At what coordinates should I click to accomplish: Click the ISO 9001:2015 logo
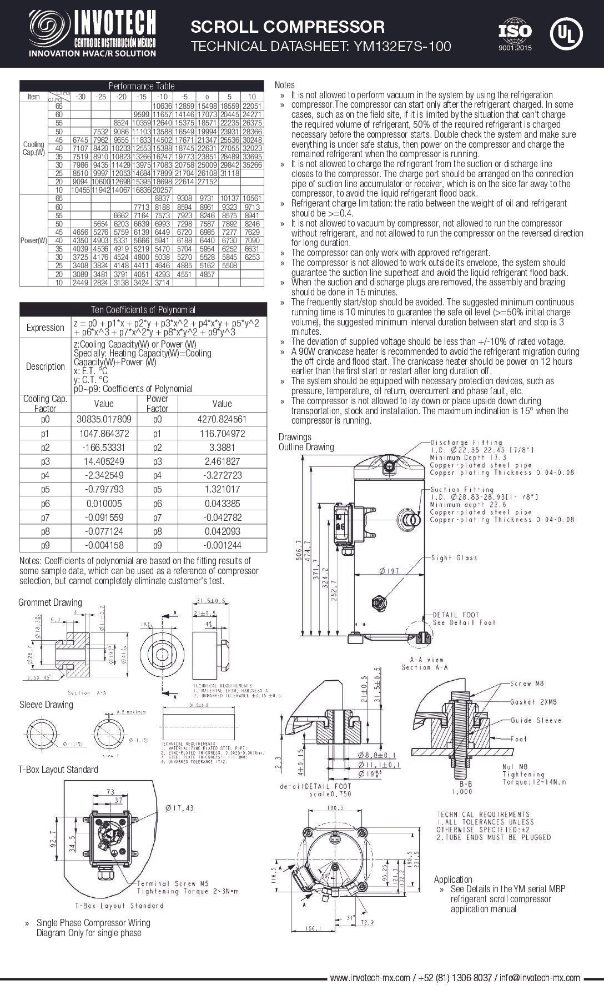pos(515,35)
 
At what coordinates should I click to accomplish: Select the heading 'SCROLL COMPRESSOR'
pos(288,27)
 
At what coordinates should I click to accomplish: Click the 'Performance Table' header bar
pos(142,86)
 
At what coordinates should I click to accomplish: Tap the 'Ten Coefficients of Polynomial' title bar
pos(143,310)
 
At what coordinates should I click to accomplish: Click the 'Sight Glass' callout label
pos(454,557)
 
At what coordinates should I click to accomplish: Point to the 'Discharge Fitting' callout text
pos(466,443)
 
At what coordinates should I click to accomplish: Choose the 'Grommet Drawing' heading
pos(50,602)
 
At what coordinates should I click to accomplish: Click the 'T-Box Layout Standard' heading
pos(58,770)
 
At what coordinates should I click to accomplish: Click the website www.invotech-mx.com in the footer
pos(370,978)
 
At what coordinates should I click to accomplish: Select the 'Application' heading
pos(453,880)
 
